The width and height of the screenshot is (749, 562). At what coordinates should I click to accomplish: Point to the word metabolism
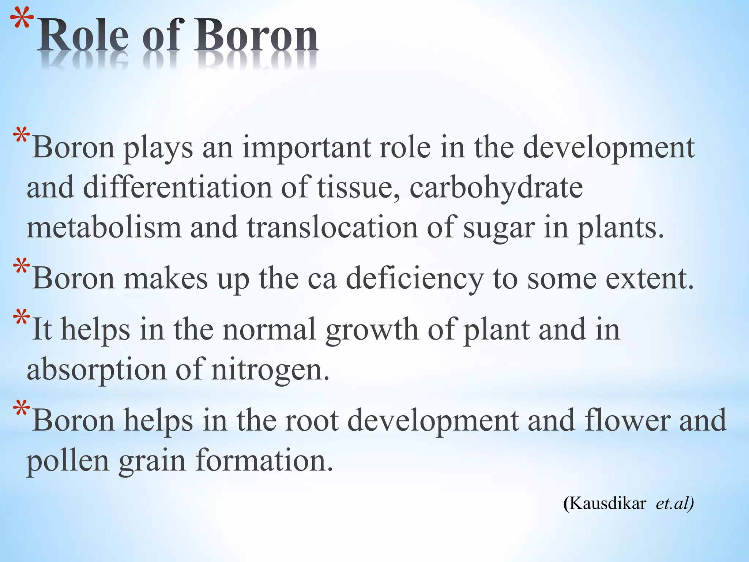(104, 228)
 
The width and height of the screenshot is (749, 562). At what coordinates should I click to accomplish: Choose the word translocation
(332, 228)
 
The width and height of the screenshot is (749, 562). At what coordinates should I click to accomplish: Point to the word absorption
(97, 370)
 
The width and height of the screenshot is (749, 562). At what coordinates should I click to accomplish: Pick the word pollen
(68, 462)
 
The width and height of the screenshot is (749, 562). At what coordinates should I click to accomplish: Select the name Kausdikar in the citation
(607, 503)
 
